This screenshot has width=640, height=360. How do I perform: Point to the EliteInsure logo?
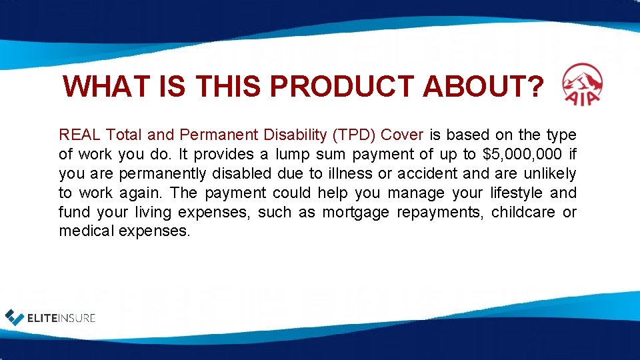(x=51, y=317)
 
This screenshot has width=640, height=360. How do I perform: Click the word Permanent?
(x=206, y=135)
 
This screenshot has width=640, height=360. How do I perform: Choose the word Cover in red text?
(x=402, y=135)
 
